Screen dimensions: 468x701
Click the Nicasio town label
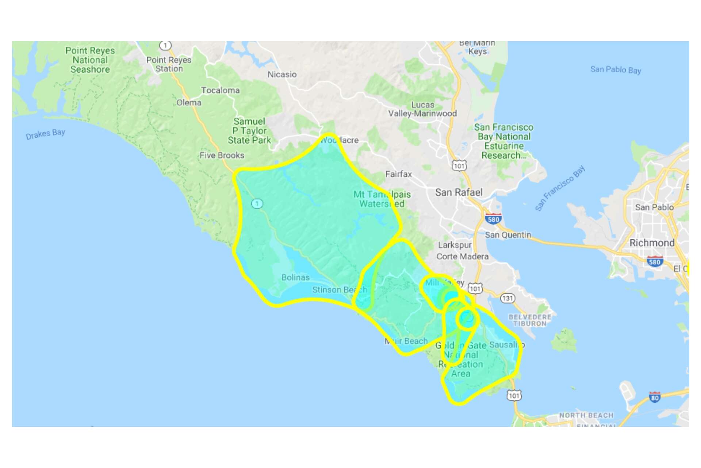coord(282,75)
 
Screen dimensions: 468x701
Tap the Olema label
coord(189,103)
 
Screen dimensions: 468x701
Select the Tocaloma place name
coord(221,90)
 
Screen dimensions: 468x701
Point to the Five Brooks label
coord(222,155)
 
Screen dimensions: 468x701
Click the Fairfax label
coord(398,174)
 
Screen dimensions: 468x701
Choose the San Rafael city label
coord(459,192)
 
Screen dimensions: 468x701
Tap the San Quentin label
coord(508,235)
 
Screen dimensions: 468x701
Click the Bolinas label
coord(295,278)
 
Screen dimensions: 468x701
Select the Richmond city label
coord(652,243)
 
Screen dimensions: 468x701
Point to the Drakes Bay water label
coord(45,134)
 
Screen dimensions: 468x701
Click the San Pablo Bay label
coord(616,69)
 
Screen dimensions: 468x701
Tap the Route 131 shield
coord(507,298)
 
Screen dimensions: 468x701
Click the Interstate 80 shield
coord(655,397)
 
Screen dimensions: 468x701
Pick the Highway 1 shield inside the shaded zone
coord(257,203)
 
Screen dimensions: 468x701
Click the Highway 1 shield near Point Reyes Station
coord(165,45)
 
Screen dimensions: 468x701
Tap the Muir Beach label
coord(406,341)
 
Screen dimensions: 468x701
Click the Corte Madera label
coord(462,256)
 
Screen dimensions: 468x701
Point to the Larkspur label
coord(455,245)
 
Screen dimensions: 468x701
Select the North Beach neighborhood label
coord(586,415)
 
